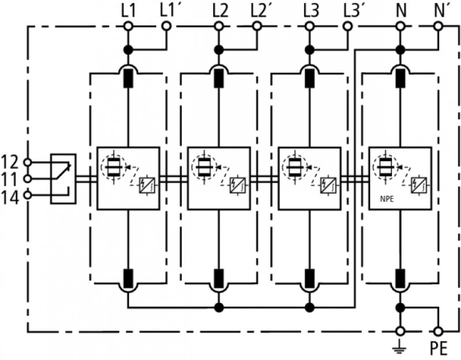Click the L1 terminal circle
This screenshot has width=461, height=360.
128,26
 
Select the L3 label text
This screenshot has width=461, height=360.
311,11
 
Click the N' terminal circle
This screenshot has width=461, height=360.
438,26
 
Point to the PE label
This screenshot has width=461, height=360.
439,349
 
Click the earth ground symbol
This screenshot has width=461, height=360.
399,346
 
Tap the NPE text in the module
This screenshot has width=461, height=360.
387,199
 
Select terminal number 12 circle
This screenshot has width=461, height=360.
27,162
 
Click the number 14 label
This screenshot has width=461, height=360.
10,198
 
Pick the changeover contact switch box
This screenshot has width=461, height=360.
63,179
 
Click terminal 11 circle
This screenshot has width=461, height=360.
27,179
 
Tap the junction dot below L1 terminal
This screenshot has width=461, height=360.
128,50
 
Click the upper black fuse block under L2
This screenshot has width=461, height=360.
218,78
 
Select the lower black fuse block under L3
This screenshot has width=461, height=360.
309,278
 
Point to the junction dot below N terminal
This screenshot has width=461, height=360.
400,50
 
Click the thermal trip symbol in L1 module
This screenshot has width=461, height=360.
147,185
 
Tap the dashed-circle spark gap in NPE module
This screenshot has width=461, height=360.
384,167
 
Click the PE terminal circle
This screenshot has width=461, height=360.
438,332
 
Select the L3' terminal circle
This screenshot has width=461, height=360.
347,26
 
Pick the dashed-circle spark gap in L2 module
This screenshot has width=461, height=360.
203,167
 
